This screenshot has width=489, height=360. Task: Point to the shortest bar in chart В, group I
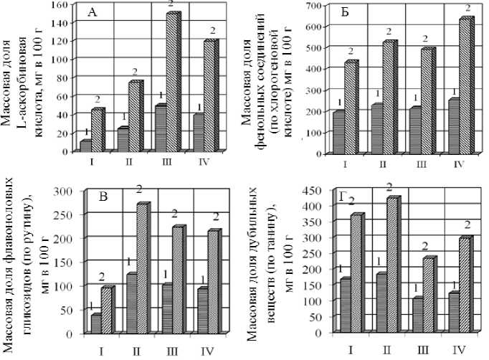[95, 323]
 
